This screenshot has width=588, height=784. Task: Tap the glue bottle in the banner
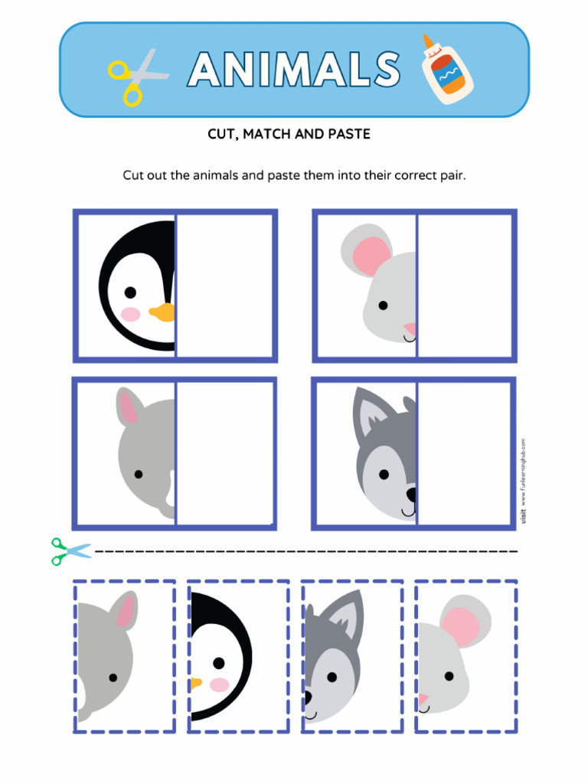click(x=446, y=69)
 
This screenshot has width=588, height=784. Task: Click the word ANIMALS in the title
click(x=295, y=70)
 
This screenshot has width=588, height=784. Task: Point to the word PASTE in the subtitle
click(x=349, y=134)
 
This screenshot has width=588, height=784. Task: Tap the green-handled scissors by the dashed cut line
click(x=70, y=550)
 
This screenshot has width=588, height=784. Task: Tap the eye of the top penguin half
click(x=130, y=292)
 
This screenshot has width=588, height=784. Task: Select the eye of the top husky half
click(x=384, y=475)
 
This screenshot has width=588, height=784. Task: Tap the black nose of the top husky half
click(x=411, y=494)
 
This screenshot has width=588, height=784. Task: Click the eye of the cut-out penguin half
click(x=219, y=663)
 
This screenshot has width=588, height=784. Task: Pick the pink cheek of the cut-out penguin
click(x=220, y=684)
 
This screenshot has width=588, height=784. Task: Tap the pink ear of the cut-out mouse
click(x=461, y=625)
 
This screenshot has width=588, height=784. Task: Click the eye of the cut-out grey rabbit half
click(x=113, y=678)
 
